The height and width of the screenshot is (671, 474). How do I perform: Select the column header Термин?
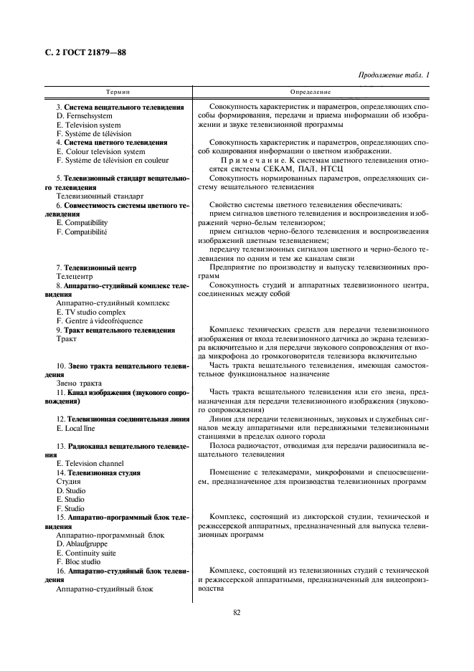click(118, 93)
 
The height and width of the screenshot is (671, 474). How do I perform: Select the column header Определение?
click(311, 93)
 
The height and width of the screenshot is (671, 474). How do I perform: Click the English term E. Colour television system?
click(100, 151)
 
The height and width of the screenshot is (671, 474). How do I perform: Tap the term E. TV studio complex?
click(91, 312)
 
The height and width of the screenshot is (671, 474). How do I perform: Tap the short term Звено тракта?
click(79, 384)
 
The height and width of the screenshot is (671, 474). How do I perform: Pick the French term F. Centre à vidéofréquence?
click(99, 321)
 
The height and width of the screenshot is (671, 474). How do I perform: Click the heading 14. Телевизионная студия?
click(98, 473)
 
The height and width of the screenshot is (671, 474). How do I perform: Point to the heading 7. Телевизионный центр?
click(96, 267)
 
